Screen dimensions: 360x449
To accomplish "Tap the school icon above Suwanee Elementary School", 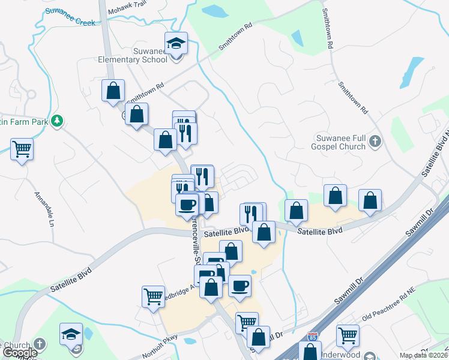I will point(176,44).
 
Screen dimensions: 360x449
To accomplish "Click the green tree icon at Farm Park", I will point(57,121).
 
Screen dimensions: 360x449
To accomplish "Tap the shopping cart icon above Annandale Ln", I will point(22,148).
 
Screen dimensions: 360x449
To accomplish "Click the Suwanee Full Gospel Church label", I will point(337,142).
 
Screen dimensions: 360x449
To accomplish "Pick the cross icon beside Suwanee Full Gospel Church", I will point(375,142).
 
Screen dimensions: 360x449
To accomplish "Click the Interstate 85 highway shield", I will point(312,337).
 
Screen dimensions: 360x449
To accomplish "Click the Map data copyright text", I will point(423,355).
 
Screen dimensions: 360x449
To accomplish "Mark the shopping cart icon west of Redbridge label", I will point(153,296).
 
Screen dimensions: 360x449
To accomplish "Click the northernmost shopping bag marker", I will point(113,91).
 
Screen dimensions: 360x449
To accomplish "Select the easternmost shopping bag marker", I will point(370,200).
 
